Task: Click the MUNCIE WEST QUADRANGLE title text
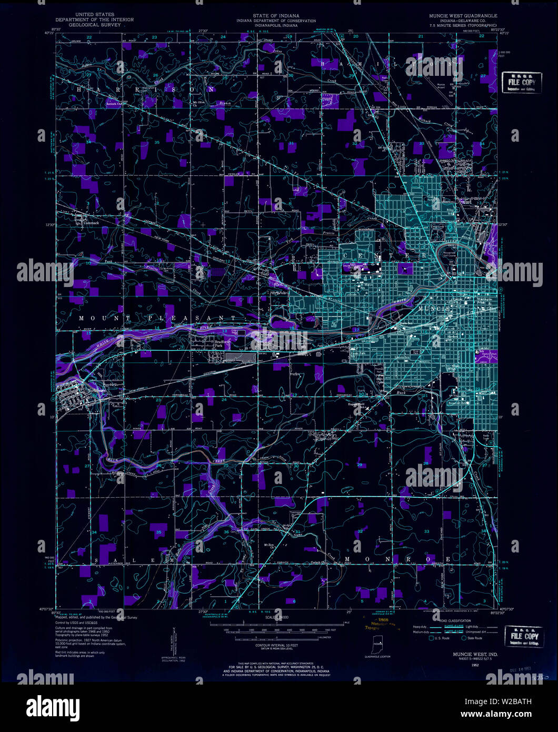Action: point(463,16)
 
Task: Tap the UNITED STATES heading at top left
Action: point(95,15)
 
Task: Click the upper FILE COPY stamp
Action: point(522,82)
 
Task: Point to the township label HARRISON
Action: point(146,90)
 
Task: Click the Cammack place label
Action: point(92,222)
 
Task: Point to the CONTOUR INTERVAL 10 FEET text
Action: point(277,645)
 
